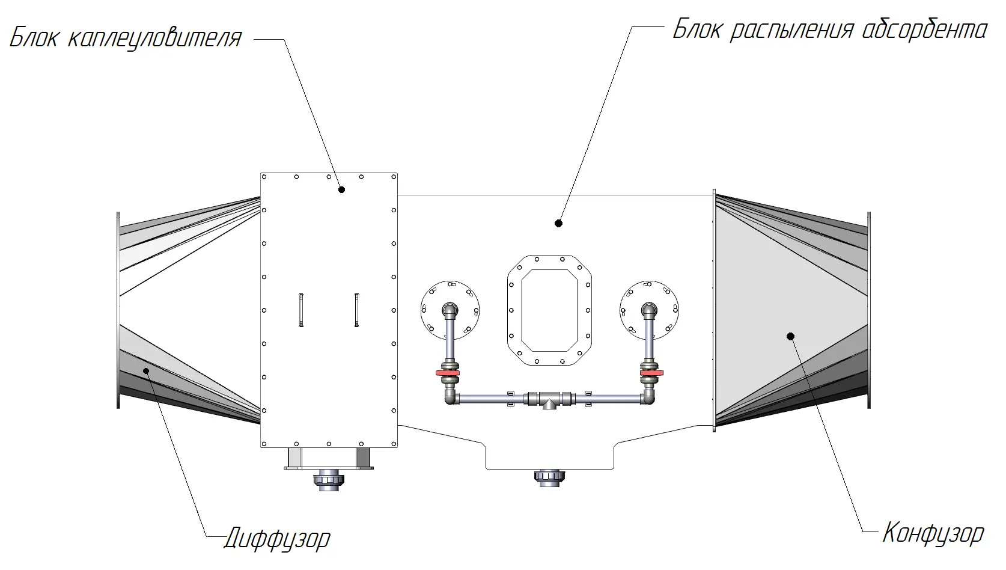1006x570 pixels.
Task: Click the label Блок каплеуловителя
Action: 126,38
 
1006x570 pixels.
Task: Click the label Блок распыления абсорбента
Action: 830,29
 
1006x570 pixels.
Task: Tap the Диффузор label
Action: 277,538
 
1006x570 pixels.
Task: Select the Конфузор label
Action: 933,533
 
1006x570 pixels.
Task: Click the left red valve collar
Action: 448,375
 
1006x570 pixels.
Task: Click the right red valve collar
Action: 651,375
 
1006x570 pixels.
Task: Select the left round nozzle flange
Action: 450,309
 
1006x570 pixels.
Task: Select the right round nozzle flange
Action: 649,309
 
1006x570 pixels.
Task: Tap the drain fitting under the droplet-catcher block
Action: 329,480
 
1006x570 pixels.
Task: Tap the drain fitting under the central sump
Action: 549,479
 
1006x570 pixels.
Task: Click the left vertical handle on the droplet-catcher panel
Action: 300,310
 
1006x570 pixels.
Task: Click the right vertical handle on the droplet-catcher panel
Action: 357,310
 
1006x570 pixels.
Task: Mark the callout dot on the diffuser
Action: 145,370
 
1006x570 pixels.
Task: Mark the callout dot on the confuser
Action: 790,336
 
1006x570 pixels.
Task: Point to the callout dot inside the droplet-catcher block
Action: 341,189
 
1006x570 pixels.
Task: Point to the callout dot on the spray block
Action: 558,223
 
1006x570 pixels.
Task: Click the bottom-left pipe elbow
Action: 451,397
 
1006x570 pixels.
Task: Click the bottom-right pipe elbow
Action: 648,397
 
